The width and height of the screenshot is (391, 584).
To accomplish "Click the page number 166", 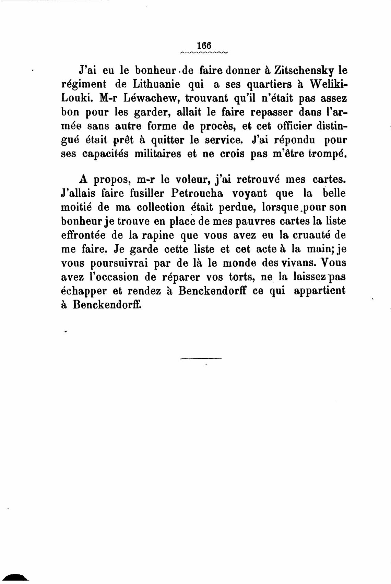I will [x=203, y=45].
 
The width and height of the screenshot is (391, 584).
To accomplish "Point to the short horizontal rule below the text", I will [x=201, y=358].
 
